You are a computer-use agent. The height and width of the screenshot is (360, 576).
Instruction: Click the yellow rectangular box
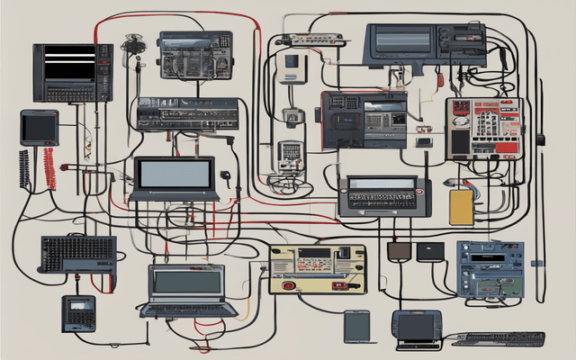(x=461, y=207)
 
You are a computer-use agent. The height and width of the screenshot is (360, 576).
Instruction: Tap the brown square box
(x=398, y=251)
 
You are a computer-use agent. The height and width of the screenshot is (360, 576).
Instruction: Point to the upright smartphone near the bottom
(x=357, y=325)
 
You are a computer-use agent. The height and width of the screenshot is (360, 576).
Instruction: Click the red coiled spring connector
(x=49, y=168)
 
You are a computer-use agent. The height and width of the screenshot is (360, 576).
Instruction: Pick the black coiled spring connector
(x=24, y=169)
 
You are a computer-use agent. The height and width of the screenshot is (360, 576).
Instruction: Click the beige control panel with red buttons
(x=318, y=268)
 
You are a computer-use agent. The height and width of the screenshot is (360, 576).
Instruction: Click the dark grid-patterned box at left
(x=78, y=253)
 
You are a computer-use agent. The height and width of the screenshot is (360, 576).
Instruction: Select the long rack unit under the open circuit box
(x=187, y=114)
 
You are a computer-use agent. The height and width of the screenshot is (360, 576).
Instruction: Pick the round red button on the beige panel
(x=289, y=285)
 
